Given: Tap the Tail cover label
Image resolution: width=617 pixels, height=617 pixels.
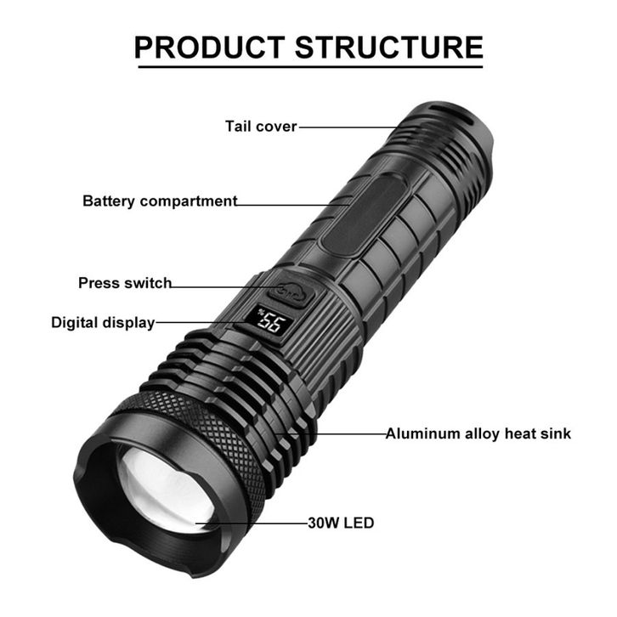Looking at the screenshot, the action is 261,127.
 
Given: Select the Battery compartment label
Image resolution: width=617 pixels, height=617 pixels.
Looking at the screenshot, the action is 160,201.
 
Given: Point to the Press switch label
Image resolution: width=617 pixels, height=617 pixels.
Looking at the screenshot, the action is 125,283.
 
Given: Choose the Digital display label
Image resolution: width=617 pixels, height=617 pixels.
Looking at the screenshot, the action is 103,322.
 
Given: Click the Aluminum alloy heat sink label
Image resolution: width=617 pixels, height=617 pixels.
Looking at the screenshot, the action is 478,433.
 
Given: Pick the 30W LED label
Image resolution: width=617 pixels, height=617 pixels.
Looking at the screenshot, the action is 341,523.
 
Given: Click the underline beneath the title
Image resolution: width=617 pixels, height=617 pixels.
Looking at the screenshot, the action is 308,66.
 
